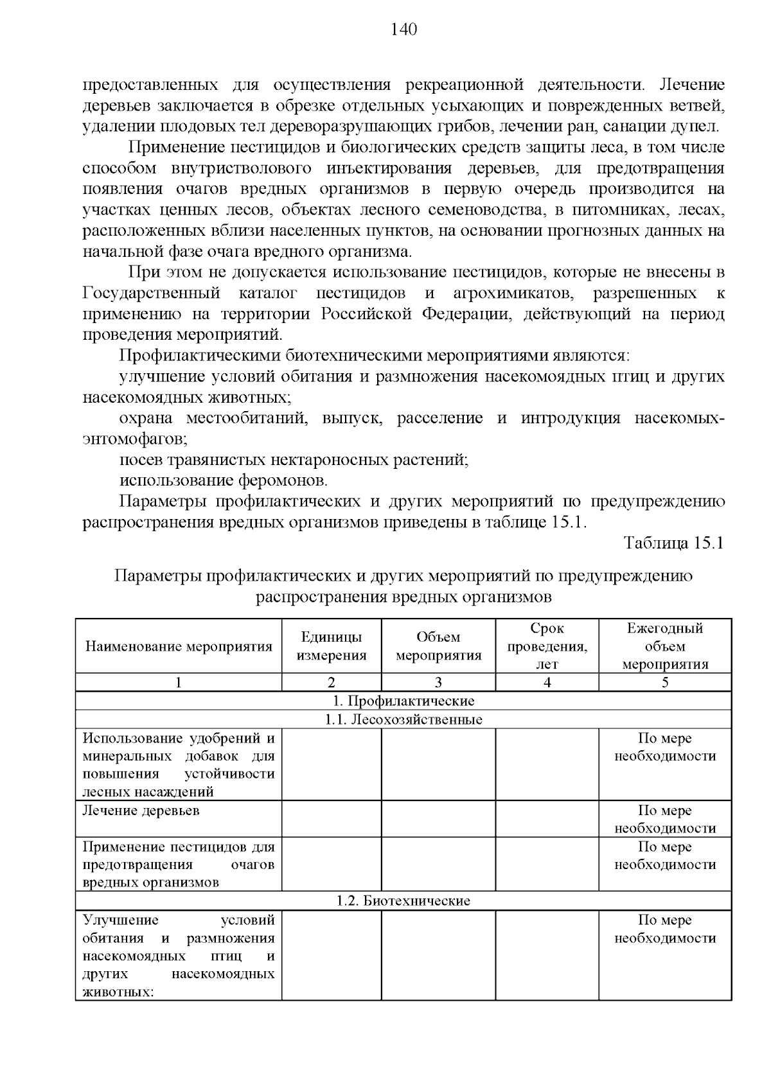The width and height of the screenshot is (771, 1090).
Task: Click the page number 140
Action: (x=403, y=30)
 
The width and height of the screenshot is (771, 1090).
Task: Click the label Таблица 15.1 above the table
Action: (x=674, y=542)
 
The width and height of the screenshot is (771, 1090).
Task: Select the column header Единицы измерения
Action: (x=332, y=646)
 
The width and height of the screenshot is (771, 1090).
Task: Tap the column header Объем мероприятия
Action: (x=438, y=646)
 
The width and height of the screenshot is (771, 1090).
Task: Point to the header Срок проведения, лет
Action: (x=547, y=646)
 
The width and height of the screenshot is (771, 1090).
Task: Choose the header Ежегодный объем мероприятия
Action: (x=665, y=646)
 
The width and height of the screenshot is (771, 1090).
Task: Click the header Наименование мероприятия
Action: (x=179, y=646)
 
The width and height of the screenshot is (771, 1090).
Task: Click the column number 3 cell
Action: (x=438, y=683)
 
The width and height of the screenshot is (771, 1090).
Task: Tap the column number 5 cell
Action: (x=665, y=683)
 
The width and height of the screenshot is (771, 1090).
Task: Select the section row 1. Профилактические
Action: (x=403, y=701)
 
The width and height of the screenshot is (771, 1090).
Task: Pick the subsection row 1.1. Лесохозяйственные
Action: (x=403, y=719)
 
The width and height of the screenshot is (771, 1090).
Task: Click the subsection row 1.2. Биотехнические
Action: (x=403, y=901)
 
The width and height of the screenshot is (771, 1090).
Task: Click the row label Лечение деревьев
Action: (x=141, y=811)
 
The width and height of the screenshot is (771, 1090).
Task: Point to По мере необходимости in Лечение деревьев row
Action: (x=665, y=819)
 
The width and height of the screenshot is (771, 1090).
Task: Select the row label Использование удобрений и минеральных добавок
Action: (x=179, y=764)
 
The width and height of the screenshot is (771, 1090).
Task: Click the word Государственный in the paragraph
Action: (x=152, y=294)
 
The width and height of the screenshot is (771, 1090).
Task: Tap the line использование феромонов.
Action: (x=224, y=480)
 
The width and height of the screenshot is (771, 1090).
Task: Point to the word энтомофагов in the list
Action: (x=135, y=439)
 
